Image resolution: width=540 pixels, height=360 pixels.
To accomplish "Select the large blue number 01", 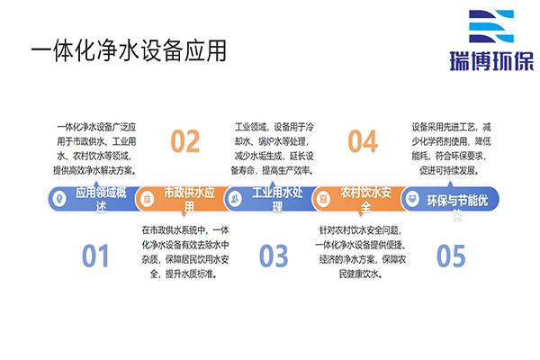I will pyautogui.click(x=94, y=256).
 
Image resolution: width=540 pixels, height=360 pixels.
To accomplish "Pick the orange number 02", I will pyautogui.click(x=184, y=141).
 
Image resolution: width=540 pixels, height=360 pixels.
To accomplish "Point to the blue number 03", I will pyautogui.click(x=273, y=256).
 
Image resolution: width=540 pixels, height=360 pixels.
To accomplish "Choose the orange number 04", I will pyautogui.click(x=362, y=141).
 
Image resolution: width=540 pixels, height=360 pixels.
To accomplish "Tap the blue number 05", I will pyautogui.click(x=450, y=256).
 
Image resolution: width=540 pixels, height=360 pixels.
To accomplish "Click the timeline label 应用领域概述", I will pyautogui.click(x=102, y=199).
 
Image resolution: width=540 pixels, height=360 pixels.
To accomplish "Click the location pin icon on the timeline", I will pyautogui.click(x=58, y=198).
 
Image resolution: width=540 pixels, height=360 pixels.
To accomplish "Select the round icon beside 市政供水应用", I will pyautogui.click(x=148, y=198).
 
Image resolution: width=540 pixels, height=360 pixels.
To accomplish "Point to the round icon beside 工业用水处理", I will pyautogui.click(x=236, y=198).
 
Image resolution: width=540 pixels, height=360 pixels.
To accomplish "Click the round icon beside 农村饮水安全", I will pyautogui.click(x=324, y=198).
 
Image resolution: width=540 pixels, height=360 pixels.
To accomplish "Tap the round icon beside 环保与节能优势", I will pyautogui.click(x=412, y=198).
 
